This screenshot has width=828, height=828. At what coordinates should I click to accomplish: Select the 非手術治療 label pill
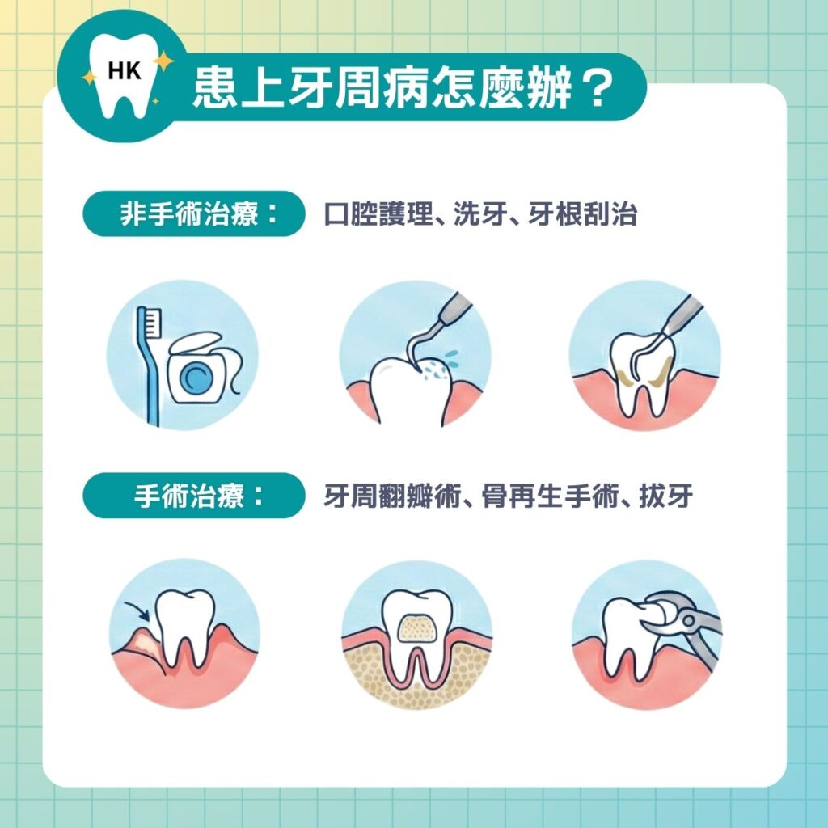(192, 214)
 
